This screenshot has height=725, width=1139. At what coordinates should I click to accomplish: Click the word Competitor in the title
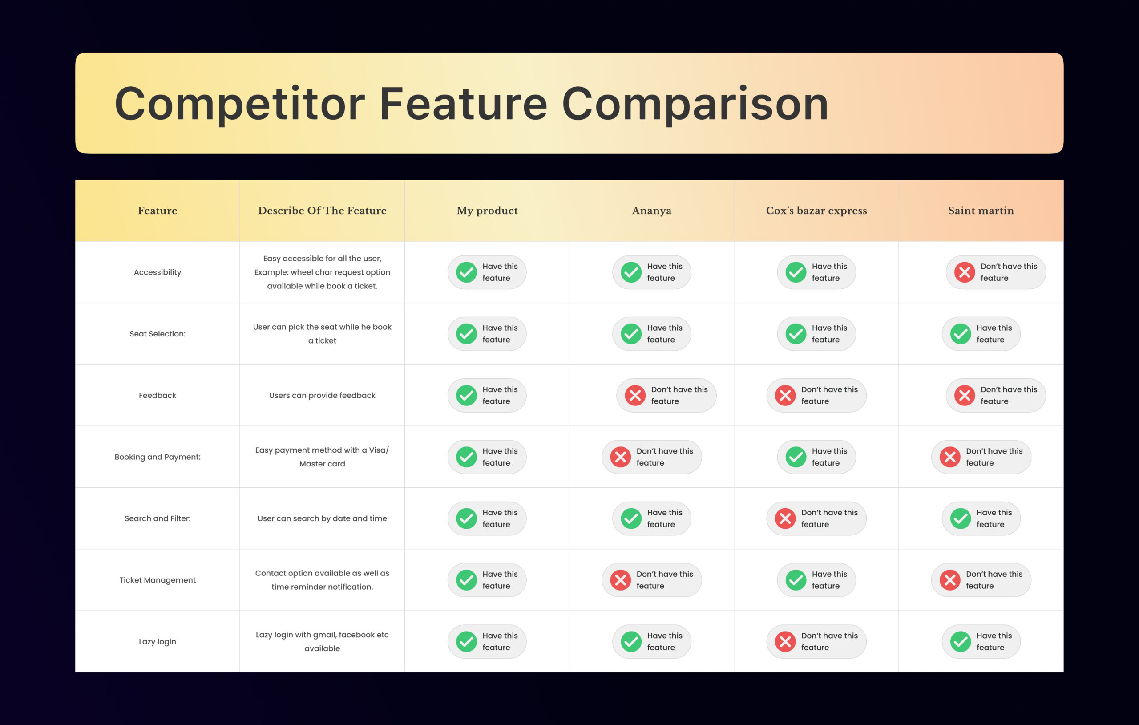pyautogui.click(x=240, y=104)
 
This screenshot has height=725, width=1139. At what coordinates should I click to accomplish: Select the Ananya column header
pyautogui.click(x=651, y=211)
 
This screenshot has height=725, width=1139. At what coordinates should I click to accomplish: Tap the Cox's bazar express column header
pyautogui.click(x=816, y=211)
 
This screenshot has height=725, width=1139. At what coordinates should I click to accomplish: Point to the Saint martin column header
pyautogui.click(x=981, y=211)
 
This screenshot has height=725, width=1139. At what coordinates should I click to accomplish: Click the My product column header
pyautogui.click(x=487, y=211)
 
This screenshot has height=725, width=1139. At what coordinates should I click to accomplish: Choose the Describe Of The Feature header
pyautogui.click(x=322, y=211)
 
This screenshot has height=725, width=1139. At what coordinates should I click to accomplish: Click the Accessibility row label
pyautogui.click(x=158, y=272)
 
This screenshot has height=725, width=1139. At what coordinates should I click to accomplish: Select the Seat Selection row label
pyautogui.click(x=158, y=334)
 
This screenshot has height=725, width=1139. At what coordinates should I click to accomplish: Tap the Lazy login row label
pyautogui.click(x=158, y=642)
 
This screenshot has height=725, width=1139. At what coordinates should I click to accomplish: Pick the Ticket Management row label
pyautogui.click(x=158, y=580)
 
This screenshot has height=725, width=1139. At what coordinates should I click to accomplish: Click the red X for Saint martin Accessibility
pyautogui.click(x=965, y=272)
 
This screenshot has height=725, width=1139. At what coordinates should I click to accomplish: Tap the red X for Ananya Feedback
pyautogui.click(x=635, y=396)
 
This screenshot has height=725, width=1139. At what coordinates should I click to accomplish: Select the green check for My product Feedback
pyautogui.click(x=466, y=396)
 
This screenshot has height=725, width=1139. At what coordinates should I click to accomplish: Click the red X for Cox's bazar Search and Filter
pyautogui.click(x=785, y=518)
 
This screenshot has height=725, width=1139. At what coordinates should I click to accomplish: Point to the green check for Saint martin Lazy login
pyautogui.click(x=961, y=642)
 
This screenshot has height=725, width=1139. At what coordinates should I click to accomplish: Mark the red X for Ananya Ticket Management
pyautogui.click(x=621, y=580)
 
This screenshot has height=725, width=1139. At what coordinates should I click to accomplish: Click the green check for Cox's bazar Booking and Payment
pyautogui.click(x=796, y=457)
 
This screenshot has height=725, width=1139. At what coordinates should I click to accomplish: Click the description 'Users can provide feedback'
pyautogui.click(x=322, y=395)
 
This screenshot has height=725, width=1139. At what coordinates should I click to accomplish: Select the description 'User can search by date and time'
pyautogui.click(x=322, y=518)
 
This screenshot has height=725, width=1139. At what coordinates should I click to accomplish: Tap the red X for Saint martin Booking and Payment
pyautogui.click(x=950, y=457)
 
